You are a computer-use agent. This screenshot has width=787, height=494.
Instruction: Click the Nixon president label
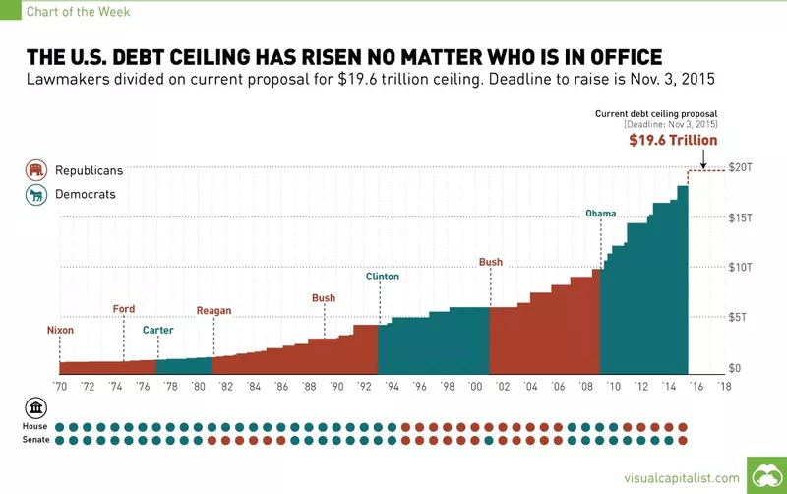(60, 330)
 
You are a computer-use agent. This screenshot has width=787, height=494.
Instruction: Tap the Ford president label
(124, 309)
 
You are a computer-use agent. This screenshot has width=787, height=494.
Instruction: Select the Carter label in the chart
(157, 330)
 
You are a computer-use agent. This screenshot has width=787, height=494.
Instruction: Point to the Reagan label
(213, 311)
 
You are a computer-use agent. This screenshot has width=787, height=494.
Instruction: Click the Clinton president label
(382, 277)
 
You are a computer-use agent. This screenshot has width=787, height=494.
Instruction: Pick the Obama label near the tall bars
(600, 214)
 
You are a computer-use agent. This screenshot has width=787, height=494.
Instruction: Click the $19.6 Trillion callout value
(674, 142)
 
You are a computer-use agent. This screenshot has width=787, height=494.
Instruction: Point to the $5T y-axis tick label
(740, 317)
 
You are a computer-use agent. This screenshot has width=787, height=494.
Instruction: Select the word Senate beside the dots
(34, 440)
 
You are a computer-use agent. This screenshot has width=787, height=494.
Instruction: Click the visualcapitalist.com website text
(678, 477)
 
